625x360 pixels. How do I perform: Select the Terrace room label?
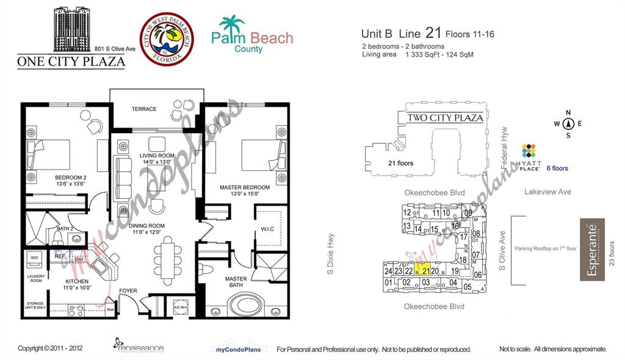point(144,109)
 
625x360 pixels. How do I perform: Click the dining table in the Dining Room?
point(168,256)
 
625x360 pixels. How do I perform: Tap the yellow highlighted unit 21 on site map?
point(422,270)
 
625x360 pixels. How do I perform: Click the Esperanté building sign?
point(592,250)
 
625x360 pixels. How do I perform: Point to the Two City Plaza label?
point(445,118)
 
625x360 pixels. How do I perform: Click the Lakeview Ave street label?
point(547,192)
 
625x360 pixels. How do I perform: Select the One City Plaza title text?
point(71,61)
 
